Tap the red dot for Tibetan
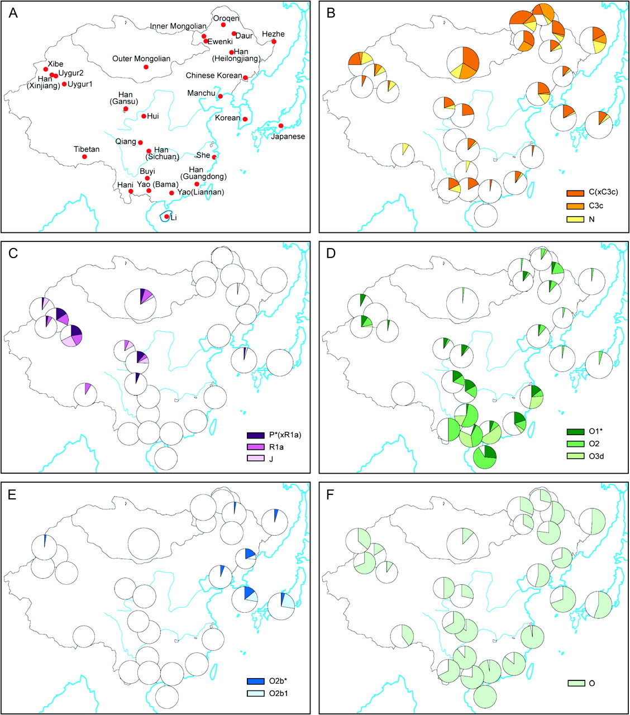(84, 156)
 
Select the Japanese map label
(288, 137)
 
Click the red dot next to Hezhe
(274, 41)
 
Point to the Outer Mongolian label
(141, 59)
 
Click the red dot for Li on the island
(167, 216)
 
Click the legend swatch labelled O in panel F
(577, 683)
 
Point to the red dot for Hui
(144, 116)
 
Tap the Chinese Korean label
(214, 75)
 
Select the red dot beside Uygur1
(64, 84)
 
